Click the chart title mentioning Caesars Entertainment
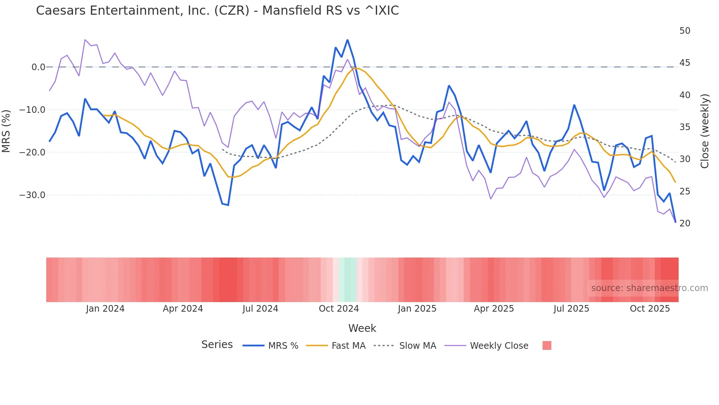217,11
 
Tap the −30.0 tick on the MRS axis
32,195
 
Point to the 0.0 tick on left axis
38,67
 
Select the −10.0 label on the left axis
32,110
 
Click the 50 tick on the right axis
685,31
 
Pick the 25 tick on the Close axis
685,191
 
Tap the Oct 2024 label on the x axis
339,309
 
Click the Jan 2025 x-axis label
417,309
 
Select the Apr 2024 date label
183,309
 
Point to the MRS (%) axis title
6,131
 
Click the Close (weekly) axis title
705,131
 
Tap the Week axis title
362,328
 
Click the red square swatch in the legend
547,345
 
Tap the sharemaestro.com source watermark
649,288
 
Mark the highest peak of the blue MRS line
347,40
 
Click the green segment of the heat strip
347,280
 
